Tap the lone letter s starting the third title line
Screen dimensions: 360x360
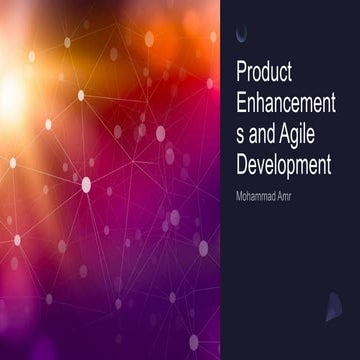[240, 133]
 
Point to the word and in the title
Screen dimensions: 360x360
[263, 133]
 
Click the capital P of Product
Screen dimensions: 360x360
[240, 73]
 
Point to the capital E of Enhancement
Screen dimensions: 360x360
[240, 103]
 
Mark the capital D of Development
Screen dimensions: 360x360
[241, 162]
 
